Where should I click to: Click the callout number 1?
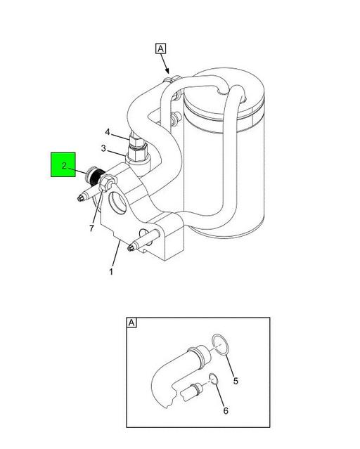pyautogui.click(x=111, y=271)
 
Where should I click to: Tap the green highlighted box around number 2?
pyautogui.click(x=63, y=164)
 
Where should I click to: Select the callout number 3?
pyautogui.click(x=103, y=149)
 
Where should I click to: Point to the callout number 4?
pyautogui.click(x=108, y=132)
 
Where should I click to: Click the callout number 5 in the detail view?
pyautogui.click(x=236, y=381)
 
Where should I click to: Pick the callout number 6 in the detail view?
pyautogui.click(x=226, y=411)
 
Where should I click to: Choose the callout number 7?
pyautogui.click(x=91, y=228)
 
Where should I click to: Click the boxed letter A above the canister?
pyautogui.click(x=161, y=48)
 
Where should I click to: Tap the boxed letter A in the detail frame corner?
pyautogui.click(x=131, y=323)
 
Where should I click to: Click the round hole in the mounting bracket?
pyautogui.click(x=117, y=202)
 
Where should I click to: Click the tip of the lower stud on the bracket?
pyautogui.click(x=129, y=247)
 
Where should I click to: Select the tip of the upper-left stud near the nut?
pyautogui.click(x=80, y=198)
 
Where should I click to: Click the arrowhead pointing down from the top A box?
pyautogui.click(x=167, y=71)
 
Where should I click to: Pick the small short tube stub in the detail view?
pyautogui.click(x=192, y=391)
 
